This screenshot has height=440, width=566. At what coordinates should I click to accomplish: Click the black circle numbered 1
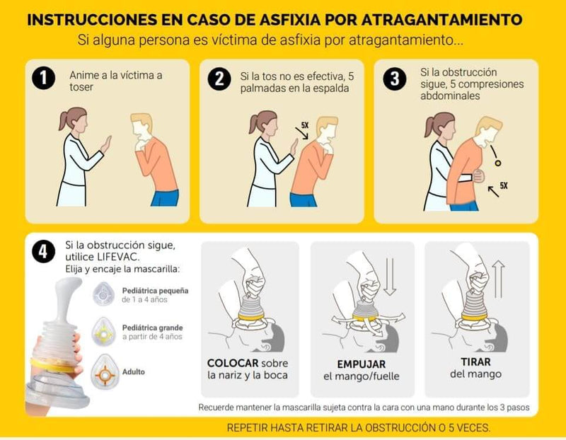43,78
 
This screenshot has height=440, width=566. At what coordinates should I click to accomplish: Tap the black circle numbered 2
219,79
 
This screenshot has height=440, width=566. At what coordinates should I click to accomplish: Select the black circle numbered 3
395,79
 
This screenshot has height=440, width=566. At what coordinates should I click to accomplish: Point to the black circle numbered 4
43,251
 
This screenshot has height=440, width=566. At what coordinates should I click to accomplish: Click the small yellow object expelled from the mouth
498,163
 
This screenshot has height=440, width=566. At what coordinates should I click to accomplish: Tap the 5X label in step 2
305,125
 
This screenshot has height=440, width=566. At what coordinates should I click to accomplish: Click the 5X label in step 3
504,185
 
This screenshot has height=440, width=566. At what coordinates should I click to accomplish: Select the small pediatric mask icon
103,294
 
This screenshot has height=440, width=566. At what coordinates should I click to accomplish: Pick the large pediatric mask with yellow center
103,331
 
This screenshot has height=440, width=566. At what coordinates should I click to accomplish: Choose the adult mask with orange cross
104,372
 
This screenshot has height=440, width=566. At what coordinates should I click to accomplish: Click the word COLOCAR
233,363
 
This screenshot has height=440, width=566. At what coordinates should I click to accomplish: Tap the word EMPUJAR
362,364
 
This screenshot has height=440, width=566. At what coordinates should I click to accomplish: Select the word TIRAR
475,361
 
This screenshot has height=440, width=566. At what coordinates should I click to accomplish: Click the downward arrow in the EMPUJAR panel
391,277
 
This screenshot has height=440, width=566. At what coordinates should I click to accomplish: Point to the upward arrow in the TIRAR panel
499,279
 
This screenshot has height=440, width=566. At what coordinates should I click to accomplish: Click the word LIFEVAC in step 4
117,257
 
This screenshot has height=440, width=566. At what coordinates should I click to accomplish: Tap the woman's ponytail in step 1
64,120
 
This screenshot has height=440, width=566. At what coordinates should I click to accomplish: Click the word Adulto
134,372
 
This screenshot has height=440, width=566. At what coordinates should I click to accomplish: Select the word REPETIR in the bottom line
247,428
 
